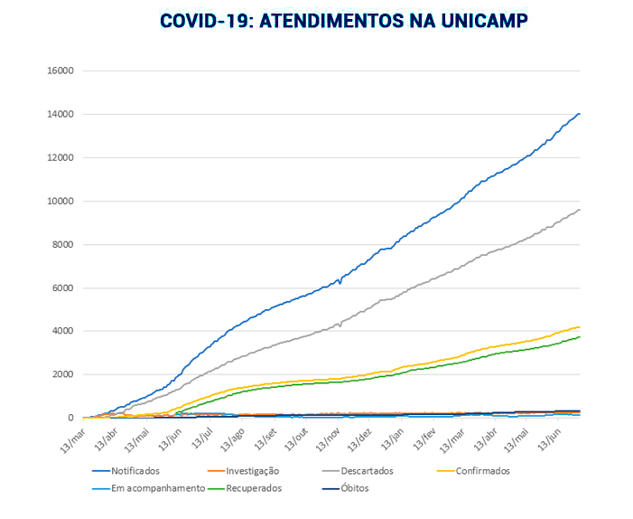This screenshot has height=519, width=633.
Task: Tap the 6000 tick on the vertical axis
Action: pos(64,288)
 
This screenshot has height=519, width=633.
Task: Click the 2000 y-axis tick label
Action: pos(64,374)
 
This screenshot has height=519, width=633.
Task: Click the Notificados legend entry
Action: pos(135,470)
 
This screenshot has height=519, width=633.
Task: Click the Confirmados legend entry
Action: pos(482,470)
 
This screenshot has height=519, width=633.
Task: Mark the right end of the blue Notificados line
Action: pos(579,114)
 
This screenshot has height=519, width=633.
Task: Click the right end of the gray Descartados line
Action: pos(579,210)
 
